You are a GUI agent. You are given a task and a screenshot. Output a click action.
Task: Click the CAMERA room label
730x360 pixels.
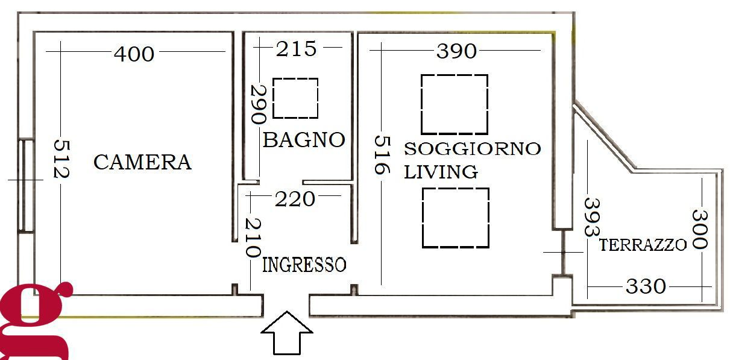(x=142, y=162)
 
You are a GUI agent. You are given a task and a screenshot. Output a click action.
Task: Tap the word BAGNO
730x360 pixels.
(x=304, y=140)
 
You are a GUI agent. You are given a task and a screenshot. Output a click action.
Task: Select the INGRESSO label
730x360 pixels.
(x=304, y=265)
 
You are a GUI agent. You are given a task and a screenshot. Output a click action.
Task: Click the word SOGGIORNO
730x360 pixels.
(x=472, y=148)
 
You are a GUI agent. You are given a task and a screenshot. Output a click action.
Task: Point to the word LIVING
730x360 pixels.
(x=441, y=172)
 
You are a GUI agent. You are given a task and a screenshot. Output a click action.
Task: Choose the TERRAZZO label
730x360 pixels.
(x=643, y=245)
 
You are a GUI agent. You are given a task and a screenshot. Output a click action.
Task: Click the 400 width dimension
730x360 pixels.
(x=134, y=54)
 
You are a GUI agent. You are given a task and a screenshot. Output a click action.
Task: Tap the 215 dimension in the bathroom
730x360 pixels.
(x=296, y=49)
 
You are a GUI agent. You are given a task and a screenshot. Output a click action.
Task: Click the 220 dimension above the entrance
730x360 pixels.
(x=295, y=198)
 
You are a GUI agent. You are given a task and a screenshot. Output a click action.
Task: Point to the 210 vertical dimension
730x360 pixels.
(x=252, y=236)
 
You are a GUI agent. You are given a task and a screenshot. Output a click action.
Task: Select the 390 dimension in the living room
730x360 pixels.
(x=456, y=51)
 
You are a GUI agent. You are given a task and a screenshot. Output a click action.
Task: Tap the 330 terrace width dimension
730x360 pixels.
(x=646, y=286)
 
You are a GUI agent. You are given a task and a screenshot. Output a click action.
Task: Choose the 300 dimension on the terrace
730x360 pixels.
(x=699, y=229)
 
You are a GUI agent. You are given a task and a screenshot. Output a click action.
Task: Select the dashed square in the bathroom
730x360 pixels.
(x=295, y=98)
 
